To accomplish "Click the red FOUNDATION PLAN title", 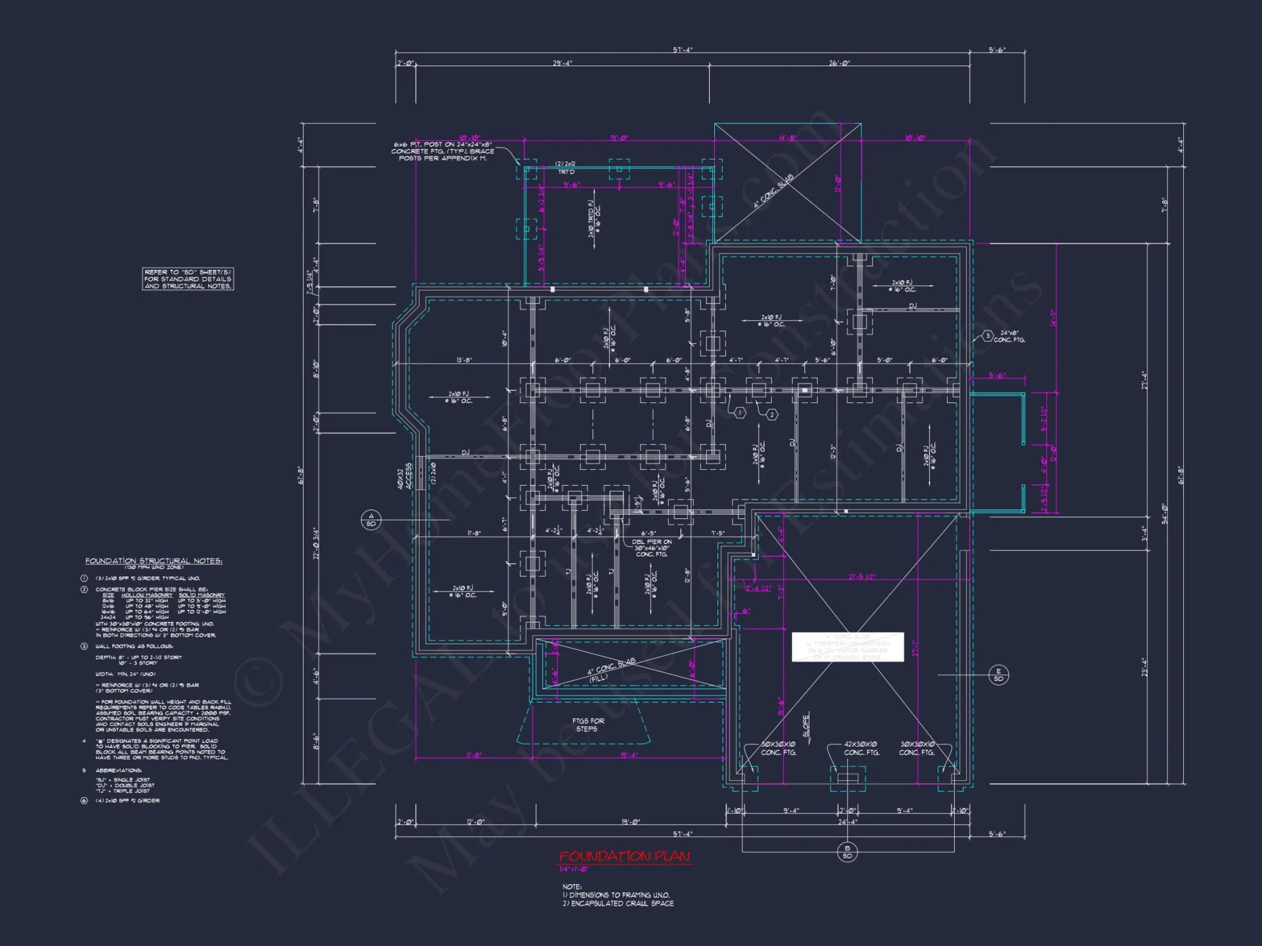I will pos(624,856).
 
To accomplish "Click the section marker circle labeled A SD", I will pos(371,520).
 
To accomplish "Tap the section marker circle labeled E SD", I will pos(998,675).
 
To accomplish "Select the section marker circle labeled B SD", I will pos(847,852).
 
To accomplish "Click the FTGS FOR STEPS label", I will pos(588,725).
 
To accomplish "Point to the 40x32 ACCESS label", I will pos(404,476).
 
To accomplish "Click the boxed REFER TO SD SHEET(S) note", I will pos(188,279).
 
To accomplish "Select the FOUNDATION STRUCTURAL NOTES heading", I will pos(153,561).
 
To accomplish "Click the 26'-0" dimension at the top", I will pos(839,63).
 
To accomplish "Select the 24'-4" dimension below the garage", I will pos(847,821).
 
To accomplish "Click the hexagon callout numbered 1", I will pos(740,412).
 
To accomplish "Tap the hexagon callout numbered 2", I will pos(772,414).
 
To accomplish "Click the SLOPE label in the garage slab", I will pos(806,725).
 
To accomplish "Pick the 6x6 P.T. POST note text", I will pos(442,151).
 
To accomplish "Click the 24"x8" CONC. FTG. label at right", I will pos(1009,336).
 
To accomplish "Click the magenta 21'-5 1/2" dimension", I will pos(862,577).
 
